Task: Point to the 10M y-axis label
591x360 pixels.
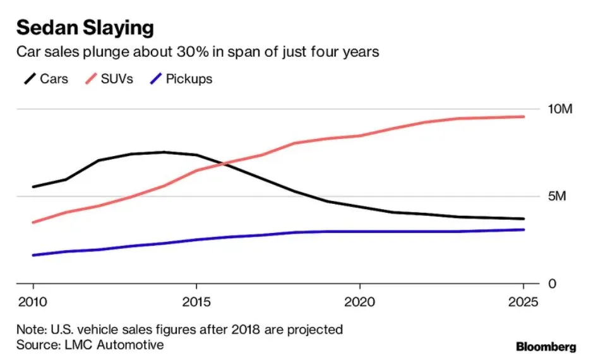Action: [559, 109]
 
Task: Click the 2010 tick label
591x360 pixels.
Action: [33, 301]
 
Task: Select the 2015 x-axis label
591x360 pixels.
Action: [196, 301]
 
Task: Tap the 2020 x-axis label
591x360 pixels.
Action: [359, 301]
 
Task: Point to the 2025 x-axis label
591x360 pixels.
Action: [523, 301]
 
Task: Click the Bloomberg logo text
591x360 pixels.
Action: [546, 347]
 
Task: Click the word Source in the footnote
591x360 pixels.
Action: [37, 345]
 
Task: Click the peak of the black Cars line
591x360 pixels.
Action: [164, 152]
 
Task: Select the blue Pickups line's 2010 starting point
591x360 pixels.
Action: [33, 255]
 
